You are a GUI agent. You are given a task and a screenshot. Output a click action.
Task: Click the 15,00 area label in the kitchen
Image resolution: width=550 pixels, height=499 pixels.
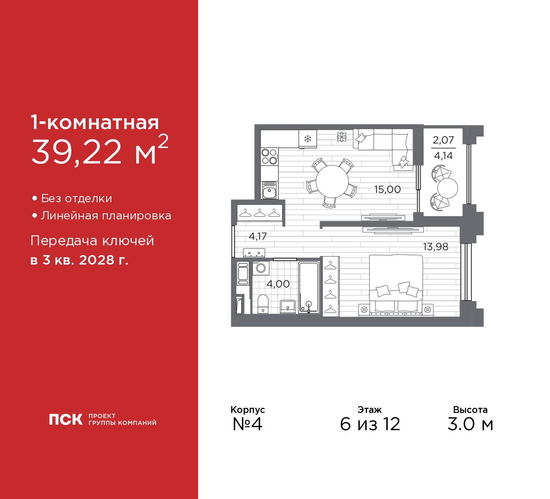tap(388, 189)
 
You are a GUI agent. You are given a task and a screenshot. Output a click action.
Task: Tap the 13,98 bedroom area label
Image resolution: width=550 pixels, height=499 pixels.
tap(436, 247)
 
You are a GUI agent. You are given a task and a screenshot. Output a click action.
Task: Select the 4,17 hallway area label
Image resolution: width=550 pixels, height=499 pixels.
tap(258, 236)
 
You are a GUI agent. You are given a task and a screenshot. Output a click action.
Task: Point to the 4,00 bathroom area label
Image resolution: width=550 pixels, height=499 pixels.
tap(278, 284)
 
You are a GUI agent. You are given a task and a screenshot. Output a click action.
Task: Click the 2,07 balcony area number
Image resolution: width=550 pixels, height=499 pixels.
tap(443, 140)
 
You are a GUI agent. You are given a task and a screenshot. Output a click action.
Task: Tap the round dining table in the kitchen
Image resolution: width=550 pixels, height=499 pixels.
tap(332, 182)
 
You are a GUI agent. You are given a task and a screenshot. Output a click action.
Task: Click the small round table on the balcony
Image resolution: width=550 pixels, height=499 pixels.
tap(448, 188)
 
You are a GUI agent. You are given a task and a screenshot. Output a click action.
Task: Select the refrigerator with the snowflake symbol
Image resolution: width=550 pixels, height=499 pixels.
tap(308, 139)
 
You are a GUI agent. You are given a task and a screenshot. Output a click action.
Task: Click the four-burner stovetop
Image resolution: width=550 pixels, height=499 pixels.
tap(269, 157)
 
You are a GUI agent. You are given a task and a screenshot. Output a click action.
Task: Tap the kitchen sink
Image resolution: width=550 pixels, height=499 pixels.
tap(269, 190)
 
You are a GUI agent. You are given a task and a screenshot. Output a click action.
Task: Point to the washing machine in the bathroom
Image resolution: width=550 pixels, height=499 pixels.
tap(261, 268)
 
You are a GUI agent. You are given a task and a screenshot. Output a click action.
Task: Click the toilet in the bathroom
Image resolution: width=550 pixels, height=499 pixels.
tap(263, 304)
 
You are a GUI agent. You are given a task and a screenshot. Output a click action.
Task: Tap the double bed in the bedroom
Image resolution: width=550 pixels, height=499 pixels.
tap(396, 286)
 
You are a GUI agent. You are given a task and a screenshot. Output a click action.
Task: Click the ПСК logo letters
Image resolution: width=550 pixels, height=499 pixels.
tap(66, 419)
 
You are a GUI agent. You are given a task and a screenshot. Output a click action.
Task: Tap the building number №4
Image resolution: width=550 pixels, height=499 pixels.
tap(247, 424)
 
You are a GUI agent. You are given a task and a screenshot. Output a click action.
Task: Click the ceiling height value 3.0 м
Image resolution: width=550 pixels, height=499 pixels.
tap(470, 424)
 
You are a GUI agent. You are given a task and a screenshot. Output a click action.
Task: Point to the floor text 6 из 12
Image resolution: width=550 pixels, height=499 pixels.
tap(370, 424)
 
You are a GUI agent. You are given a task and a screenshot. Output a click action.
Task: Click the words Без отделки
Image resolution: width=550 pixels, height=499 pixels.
tap(76, 198)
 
